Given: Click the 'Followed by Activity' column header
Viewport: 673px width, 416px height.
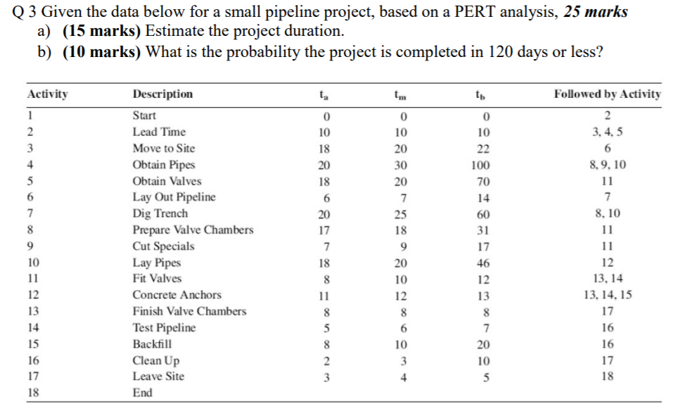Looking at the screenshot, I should click(x=607, y=94).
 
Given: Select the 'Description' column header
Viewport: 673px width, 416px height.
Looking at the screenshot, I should click(x=162, y=94).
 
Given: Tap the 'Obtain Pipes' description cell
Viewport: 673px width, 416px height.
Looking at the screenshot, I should click(x=164, y=165).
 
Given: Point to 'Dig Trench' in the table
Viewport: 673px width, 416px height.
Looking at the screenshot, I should click(x=160, y=213).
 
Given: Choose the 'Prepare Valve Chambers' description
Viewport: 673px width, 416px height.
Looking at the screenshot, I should click(x=193, y=230).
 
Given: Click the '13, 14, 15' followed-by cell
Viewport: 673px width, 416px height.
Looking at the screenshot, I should click(x=607, y=295).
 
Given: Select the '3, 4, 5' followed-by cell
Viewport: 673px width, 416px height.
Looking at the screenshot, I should click(x=607, y=132).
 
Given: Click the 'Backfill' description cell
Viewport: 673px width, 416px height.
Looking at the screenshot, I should click(x=152, y=344).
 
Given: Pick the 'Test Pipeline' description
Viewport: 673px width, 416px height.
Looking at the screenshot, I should click(x=165, y=327).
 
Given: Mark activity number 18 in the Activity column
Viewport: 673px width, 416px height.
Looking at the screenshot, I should click(x=33, y=393).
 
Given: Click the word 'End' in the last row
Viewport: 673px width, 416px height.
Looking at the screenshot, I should click(x=142, y=393).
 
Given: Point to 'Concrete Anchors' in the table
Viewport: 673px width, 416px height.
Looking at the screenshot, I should click(x=177, y=295).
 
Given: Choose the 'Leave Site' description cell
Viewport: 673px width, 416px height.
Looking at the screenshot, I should click(x=158, y=376).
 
